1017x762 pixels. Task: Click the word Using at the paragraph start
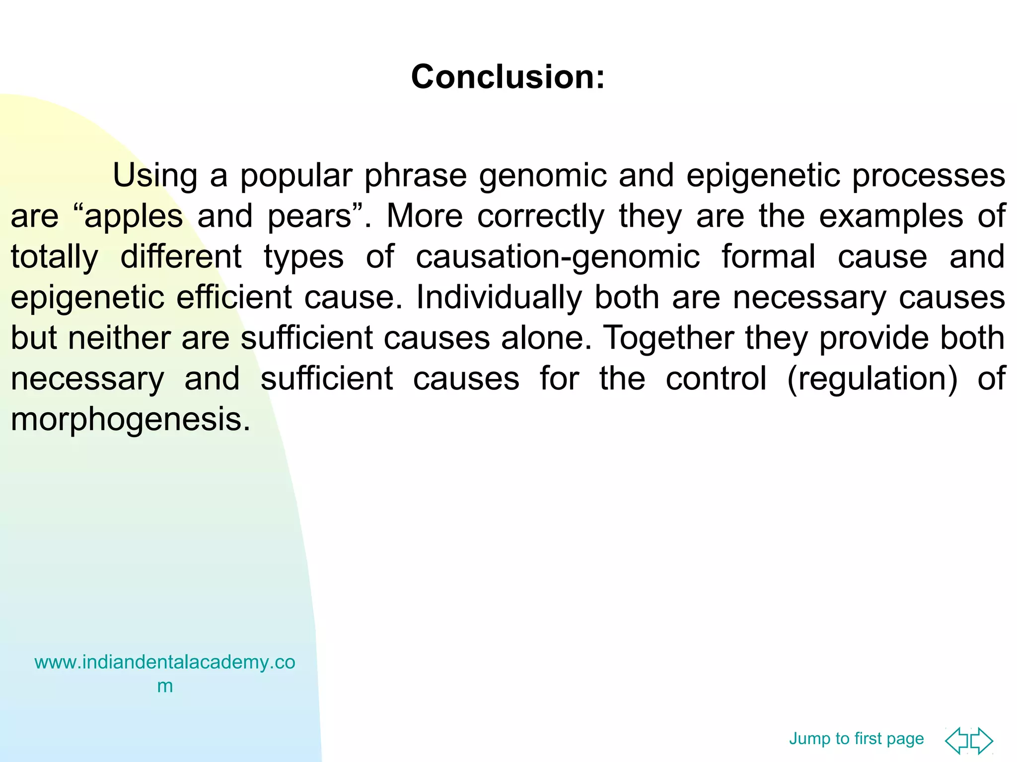(x=155, y=176)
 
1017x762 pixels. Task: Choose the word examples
(x=891, y=216)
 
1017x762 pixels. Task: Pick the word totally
(x=55, y=257)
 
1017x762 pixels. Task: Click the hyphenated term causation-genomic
(x=558, y=257)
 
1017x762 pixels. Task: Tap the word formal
(x=768, y=256)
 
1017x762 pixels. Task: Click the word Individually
(x=499, y=298)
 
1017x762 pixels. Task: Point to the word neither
(x=119, y=338)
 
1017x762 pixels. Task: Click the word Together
(x=668, y=339)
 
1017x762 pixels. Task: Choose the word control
(x=716, y=379)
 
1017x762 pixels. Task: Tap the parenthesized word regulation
(x=872, y=380)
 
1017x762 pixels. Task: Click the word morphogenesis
(x=130, y=420)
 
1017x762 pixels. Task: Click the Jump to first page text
(x=856, y=739)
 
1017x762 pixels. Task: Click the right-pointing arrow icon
(x=982, y=741)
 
